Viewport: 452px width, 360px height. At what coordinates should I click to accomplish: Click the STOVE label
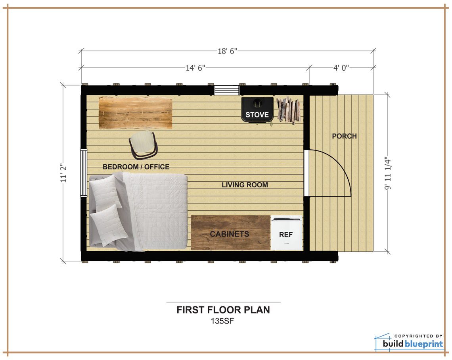[257, 115]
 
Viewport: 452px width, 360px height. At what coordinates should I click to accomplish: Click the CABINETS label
[230, 234]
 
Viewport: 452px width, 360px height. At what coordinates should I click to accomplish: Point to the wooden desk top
[135, 113]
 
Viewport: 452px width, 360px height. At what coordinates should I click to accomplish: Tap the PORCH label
[344, 136]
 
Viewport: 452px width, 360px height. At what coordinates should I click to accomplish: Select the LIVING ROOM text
[245, 185]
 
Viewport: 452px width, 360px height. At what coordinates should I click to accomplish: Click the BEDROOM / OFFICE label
[136, 167]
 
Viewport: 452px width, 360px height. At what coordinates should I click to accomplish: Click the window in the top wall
[226, 90]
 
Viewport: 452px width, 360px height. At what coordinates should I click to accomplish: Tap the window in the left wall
[84, 173]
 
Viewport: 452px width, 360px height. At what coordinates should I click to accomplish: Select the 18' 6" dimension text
[228, 51]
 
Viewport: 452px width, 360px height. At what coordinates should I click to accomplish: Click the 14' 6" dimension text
[195, 68]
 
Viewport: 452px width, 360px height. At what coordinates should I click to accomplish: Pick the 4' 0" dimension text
[341, 68]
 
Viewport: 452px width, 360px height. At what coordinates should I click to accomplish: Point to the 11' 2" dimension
[63, 173]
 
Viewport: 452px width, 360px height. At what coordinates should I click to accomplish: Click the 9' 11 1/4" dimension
[387, 173]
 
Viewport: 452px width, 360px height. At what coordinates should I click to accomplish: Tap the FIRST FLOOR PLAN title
[223, 310]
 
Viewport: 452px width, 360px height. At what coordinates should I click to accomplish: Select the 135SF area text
[222, 321]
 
